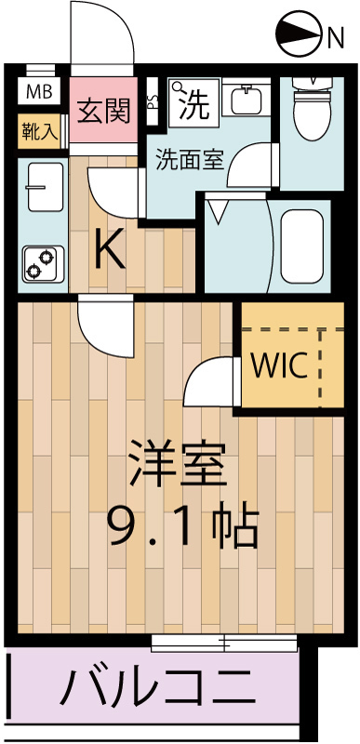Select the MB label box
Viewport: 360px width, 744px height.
pyautogui.click(x=38, y=91)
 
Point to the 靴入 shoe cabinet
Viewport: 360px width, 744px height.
pyautogui.click(x=39, y=131)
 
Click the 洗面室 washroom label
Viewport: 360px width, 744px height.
pyautogui.click(x=189, y=157)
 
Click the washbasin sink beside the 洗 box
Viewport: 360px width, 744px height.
pyautogui.click(x=246, y=100)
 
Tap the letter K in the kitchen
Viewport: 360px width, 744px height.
pyautogui.click(x=110, y=249)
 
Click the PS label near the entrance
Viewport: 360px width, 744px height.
pyautogui.click(x=152, y=108)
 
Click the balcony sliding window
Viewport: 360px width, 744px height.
pyautogui.click(x=224, y=642)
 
